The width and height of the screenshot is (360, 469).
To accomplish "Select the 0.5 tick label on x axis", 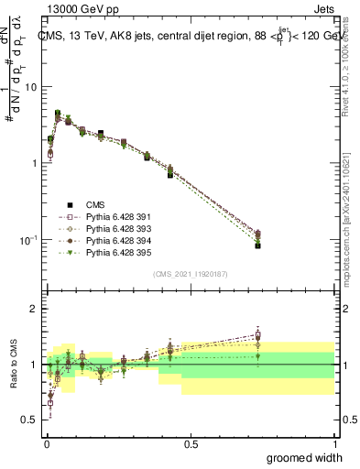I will [x=191, y=443].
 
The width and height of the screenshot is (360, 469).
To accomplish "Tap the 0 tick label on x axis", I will [x=47, y=443].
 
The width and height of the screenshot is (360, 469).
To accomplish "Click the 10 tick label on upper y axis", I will [x=31, y=87].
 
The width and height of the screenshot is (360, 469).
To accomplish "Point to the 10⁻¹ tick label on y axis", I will [x=27, y=240].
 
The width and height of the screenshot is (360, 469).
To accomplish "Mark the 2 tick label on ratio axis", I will [x=35, y=309].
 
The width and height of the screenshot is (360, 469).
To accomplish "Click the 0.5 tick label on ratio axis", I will [x=31, y=420].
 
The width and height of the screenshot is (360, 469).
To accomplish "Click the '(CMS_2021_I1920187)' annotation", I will [x=191, y=273].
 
